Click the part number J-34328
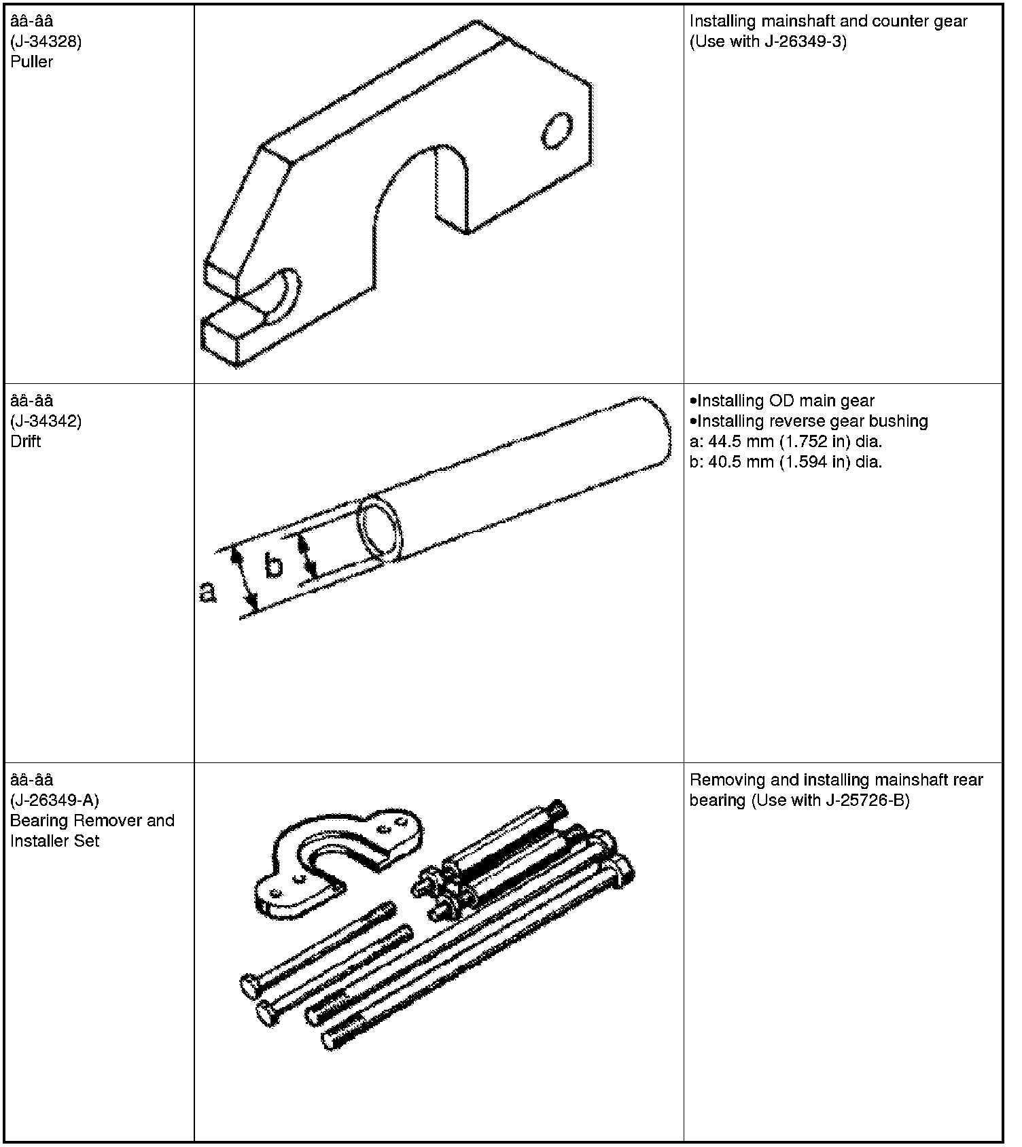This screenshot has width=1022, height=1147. tap(46, 41)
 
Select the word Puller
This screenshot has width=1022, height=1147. tap(31, 62)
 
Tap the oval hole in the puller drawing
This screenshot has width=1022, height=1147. tap(557, 130)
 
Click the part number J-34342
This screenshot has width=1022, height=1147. tap(46, 421)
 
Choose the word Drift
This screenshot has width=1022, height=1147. tap(26, 442)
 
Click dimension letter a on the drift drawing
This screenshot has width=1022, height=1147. tap(207, 592)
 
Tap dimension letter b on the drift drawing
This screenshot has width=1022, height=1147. tap(273, 565)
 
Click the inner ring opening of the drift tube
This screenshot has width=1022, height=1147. tap(381, 528)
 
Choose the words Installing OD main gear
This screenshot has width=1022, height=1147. tap(786, 401)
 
